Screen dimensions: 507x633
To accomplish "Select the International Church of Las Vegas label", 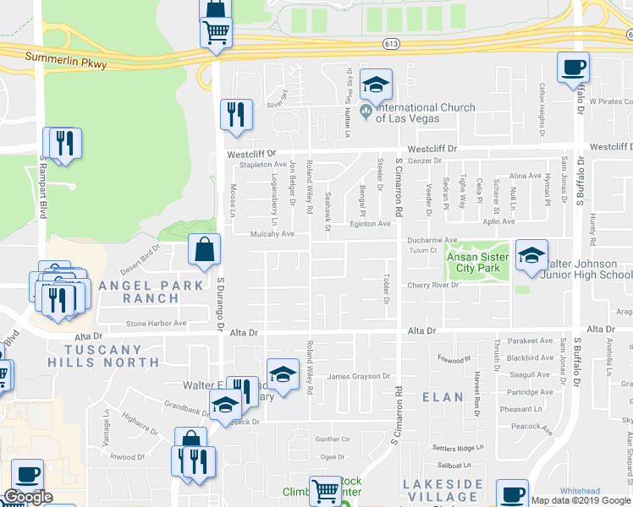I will (x=419, y=112).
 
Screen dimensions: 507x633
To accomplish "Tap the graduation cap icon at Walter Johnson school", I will (x=531, y=256).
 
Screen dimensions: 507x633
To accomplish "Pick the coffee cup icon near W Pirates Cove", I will (x=573, y=68).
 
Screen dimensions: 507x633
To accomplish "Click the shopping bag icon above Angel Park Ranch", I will (x=204, y=250).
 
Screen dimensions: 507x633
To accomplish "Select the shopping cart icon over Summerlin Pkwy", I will (x=216, y=33).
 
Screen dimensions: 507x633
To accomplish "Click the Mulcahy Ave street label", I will (x=271, y=234).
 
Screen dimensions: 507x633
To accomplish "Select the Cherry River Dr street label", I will (x=432, y=286).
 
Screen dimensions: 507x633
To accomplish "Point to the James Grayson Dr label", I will (x=358, y=376).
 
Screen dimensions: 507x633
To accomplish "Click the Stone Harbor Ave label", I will (x=156, y=323).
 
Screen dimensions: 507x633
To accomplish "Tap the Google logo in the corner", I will (x=27, y=496).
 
